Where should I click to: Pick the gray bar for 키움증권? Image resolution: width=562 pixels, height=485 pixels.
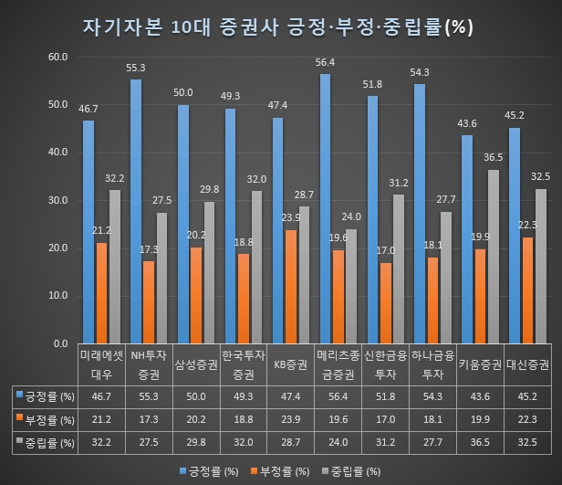click(x=494, y=256)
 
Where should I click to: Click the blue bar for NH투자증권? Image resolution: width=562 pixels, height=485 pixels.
click(x=136, y=211)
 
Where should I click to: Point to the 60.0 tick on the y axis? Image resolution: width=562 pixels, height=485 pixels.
click(x=57, y=57)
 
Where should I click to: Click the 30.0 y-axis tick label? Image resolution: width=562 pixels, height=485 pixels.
click(x=57, y=200)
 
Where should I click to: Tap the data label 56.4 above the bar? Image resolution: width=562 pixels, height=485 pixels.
click(x=325, y=63)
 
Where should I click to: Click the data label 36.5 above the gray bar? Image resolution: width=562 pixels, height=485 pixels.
click(x=494, y=157)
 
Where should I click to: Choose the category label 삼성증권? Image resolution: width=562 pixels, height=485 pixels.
click(x=197, y=364)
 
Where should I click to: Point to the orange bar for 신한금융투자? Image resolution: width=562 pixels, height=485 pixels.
click(x=386, y=302)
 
